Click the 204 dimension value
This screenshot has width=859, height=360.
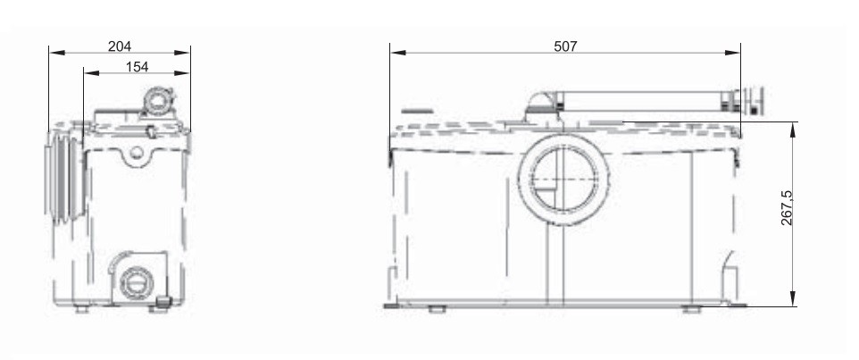tap(120, 46)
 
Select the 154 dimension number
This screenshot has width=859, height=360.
tap(137, 67)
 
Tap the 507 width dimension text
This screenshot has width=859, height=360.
tap(565, 46)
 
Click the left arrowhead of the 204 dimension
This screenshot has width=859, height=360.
tap(57, 53)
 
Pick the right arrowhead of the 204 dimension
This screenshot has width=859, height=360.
tap(182, 53)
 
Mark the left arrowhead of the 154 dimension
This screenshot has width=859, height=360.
tap(91, 73)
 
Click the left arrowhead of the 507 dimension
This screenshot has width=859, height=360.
tap(398, 53)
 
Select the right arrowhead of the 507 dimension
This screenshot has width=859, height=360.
tap(732, 53)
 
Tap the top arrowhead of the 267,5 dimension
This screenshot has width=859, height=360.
tap(792, 130)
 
